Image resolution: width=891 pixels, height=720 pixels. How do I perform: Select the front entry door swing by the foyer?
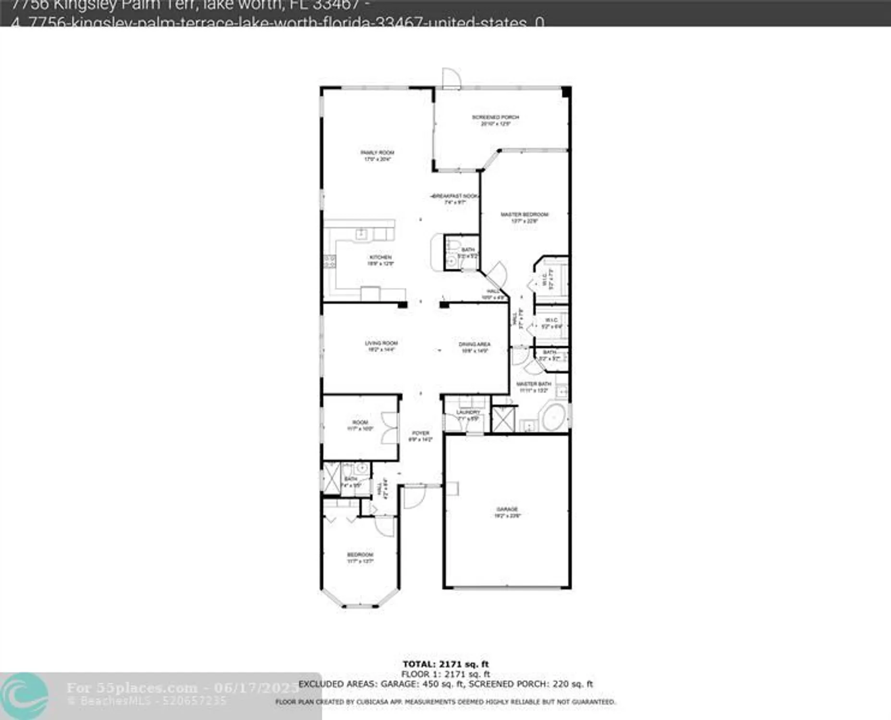click(x=414, y=496)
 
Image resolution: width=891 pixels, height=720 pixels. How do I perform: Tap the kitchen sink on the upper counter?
click(x=361, y=234)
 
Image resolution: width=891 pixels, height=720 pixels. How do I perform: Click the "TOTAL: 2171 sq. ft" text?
click(x=445, y=664)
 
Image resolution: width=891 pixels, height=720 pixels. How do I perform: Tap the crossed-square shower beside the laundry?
click(x=503, y=419)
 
